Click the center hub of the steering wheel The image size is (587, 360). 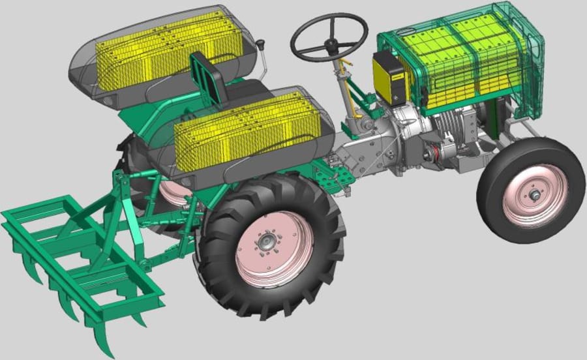(x=332, y=44)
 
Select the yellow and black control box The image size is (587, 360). (x=389, y=78)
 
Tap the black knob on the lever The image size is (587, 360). (x=262, y=45)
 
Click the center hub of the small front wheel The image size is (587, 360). (x=535, y=195)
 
